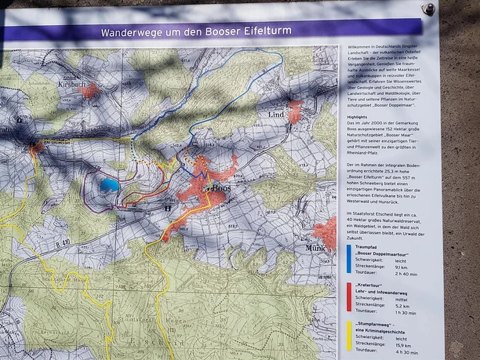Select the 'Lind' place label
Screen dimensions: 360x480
coord(277,115)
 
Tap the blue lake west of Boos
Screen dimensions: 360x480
coord(110,185)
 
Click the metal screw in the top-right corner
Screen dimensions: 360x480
coord(428,9)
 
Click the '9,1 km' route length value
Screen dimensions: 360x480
coord(402,267)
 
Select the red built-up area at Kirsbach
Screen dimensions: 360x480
coord(89,91)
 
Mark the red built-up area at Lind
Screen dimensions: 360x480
coord(294,114)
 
